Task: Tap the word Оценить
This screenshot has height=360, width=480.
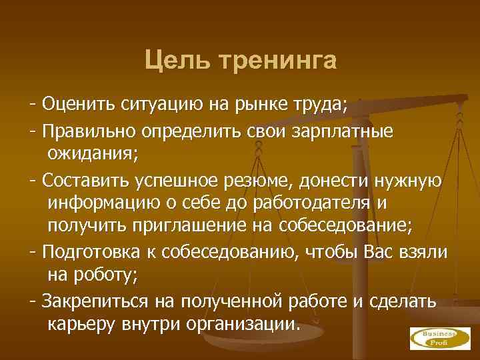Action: click(x=79, y=105)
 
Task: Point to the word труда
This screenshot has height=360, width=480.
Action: click(x=322, y=105)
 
